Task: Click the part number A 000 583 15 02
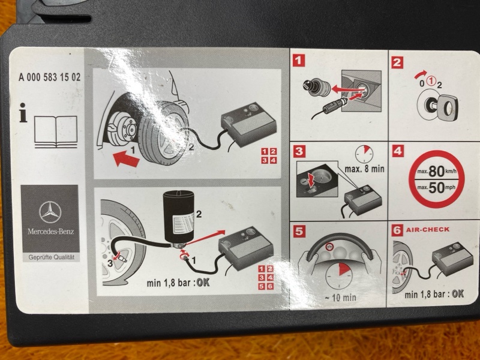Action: tap(50, 77)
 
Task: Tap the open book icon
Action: tap(56, 132)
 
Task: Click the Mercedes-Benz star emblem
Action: tap(50, 212)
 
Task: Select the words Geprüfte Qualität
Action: tap(52, 257)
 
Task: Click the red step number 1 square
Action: tap(299, 61)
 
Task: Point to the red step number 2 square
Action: tap(397, 62)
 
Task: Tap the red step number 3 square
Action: tap(299, 151)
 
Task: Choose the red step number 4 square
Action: tap(398, 151)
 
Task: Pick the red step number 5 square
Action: tap(299, 232)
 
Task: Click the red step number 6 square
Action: tap(397, 230)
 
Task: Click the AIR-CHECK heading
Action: tap(428, 229)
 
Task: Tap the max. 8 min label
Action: tap(364, 169)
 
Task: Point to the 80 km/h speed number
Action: tap(437, 172)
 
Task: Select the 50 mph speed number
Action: tap(437, 188)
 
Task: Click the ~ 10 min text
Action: tap(340, 297)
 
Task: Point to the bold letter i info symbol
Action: tap(23, 113)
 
